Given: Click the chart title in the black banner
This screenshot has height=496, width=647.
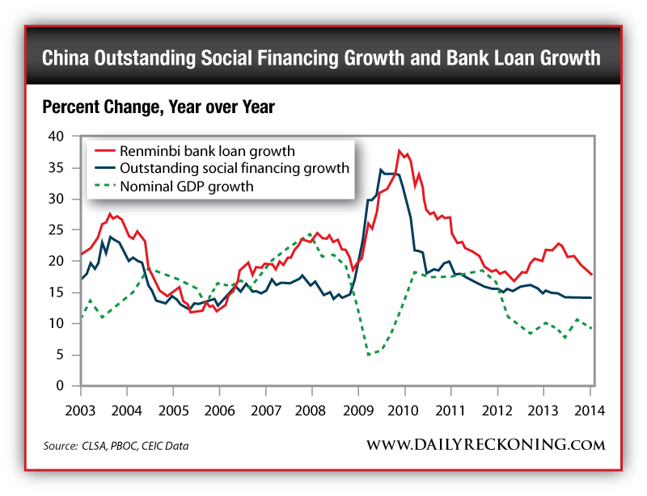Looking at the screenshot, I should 321,58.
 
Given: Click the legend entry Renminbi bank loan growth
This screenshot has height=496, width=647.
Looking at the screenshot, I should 206,151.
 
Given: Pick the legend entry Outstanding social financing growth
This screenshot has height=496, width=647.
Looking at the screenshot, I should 234,169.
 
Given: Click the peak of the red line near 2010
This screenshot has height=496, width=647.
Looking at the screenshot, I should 399,150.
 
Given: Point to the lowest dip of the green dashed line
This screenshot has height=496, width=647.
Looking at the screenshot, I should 369,355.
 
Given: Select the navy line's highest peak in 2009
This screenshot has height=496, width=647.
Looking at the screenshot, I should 381,170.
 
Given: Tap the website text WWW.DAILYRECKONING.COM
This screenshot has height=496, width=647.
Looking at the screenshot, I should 485,445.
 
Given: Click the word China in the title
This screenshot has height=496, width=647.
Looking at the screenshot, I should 68,58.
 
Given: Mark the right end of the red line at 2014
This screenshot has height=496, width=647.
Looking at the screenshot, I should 592,275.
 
